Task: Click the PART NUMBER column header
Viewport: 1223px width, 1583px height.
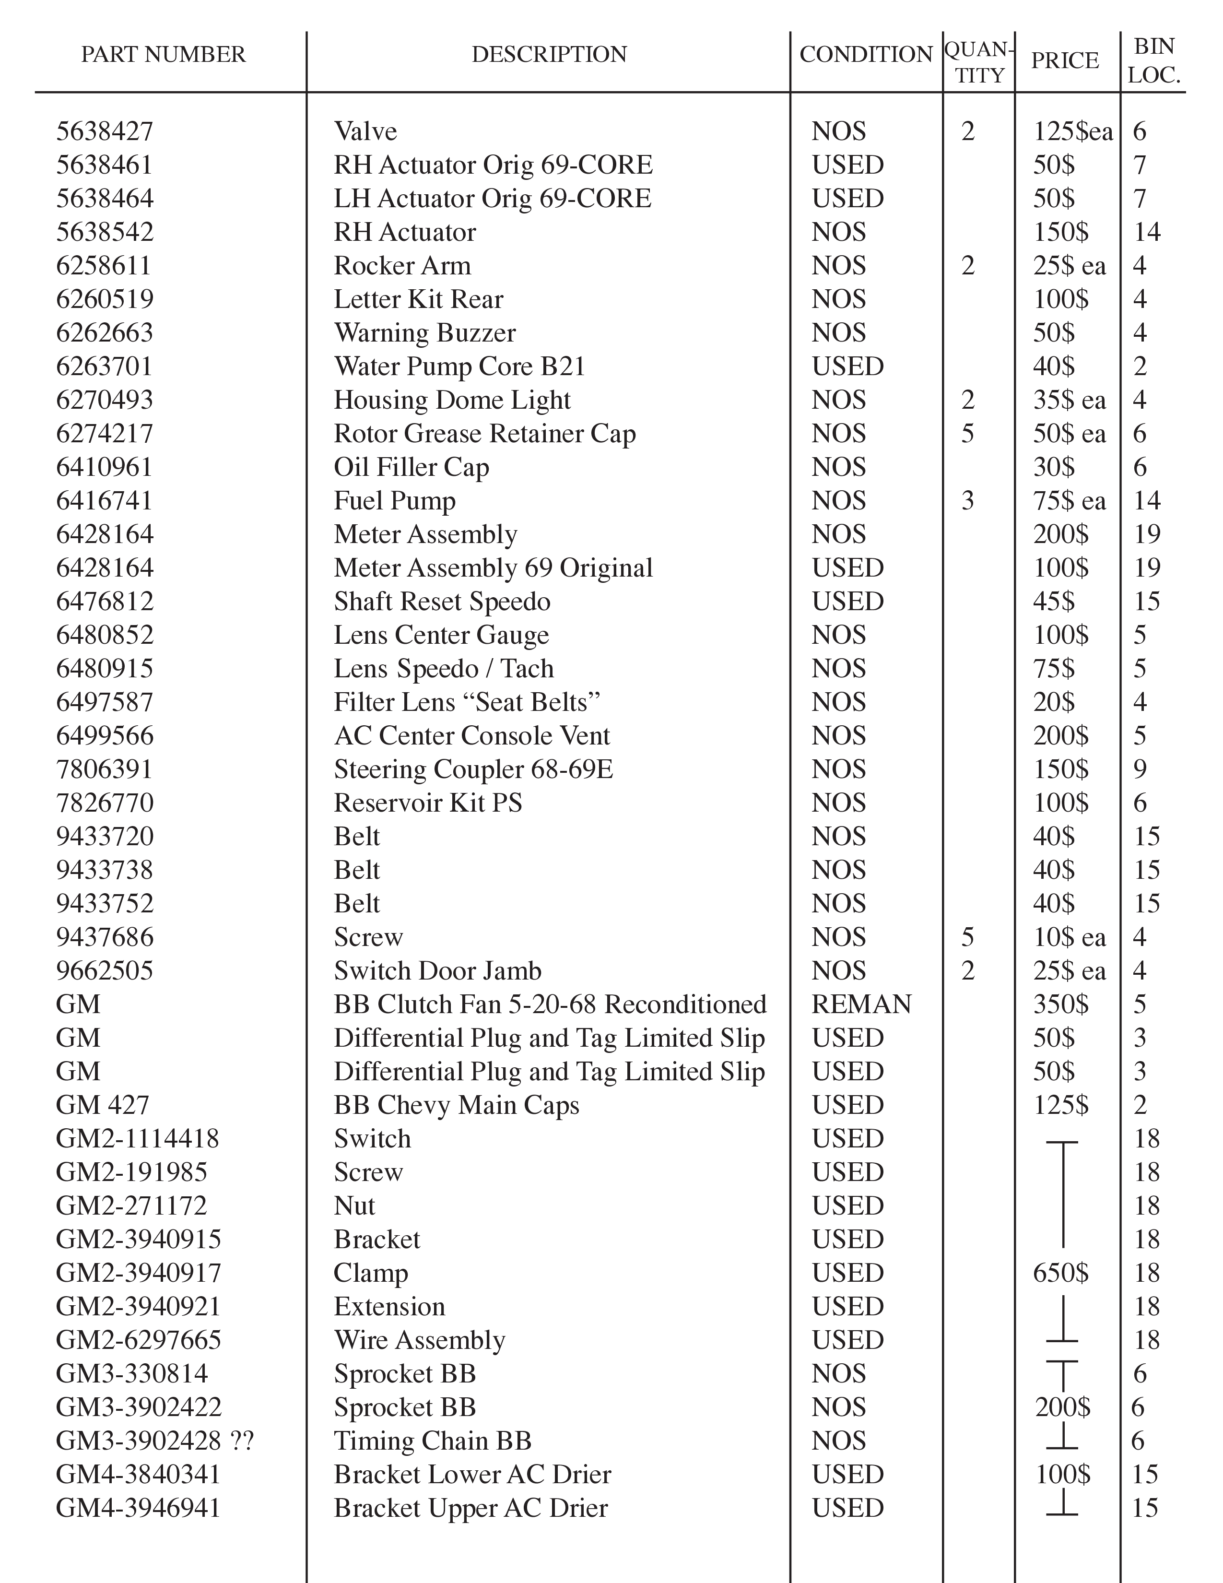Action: tap(163, 54)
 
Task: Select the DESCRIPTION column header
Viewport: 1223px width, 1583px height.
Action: tap(549, 54)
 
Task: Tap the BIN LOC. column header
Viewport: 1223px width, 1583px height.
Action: tap(1153, 61)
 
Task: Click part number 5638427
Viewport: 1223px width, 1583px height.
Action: tap(105, 132)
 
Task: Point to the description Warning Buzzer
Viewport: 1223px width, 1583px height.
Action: tap(424, 333)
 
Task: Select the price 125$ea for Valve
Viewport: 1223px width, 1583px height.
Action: tap(1072, 132)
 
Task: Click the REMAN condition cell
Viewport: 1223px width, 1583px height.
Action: tap(861, 1004)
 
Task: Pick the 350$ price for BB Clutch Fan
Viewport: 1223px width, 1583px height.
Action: tap(1060, 1004)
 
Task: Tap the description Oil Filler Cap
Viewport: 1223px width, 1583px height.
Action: tap(411, 468)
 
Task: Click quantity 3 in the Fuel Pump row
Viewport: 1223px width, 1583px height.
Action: tap(967, 501)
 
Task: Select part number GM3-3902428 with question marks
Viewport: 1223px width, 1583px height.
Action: tap(154, 1441)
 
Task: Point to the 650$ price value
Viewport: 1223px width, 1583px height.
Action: tap(1060, 1273)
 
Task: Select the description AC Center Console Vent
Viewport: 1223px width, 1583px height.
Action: tap(471, 736)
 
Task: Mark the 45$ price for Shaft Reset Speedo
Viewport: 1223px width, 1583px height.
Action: tap(1054, 602)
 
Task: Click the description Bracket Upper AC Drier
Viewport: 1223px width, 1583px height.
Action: tap(470, 1508)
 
